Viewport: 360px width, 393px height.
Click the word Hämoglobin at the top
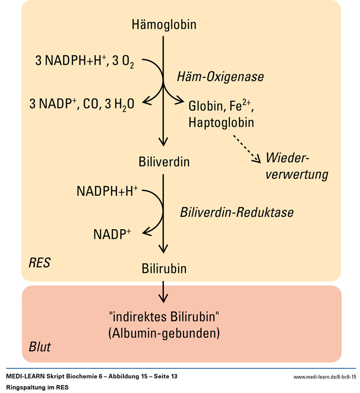164,24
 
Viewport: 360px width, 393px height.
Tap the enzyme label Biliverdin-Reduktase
237,212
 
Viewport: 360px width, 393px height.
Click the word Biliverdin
164,161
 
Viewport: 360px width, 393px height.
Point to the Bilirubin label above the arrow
164,269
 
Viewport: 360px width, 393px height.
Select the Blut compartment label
40,347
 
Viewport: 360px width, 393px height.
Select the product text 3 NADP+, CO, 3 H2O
81,105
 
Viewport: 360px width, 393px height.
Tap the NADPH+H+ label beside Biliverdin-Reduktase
107,191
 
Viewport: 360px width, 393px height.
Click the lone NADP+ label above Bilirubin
112,234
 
